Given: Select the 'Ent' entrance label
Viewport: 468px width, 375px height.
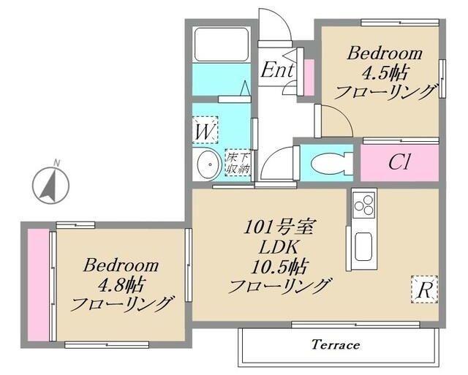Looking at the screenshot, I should [x=277, y=71].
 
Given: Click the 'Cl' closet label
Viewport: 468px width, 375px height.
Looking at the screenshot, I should [x=399, y=162].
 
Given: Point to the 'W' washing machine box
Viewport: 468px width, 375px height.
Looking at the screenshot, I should [x=206, y=132].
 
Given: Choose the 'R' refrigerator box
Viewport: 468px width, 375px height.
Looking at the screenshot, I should [x=423, y=289].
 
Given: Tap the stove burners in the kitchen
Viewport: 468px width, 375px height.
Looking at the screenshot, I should [x=363, y=207].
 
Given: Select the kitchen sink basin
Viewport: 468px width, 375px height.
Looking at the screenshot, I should [x=363, y=247].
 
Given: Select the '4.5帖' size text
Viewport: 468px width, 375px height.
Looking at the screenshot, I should [x=385, y=72].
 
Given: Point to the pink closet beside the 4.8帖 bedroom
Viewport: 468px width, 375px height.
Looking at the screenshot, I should [x=37, y=283].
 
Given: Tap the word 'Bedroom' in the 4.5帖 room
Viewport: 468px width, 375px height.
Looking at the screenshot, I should [x=385, y=53].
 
